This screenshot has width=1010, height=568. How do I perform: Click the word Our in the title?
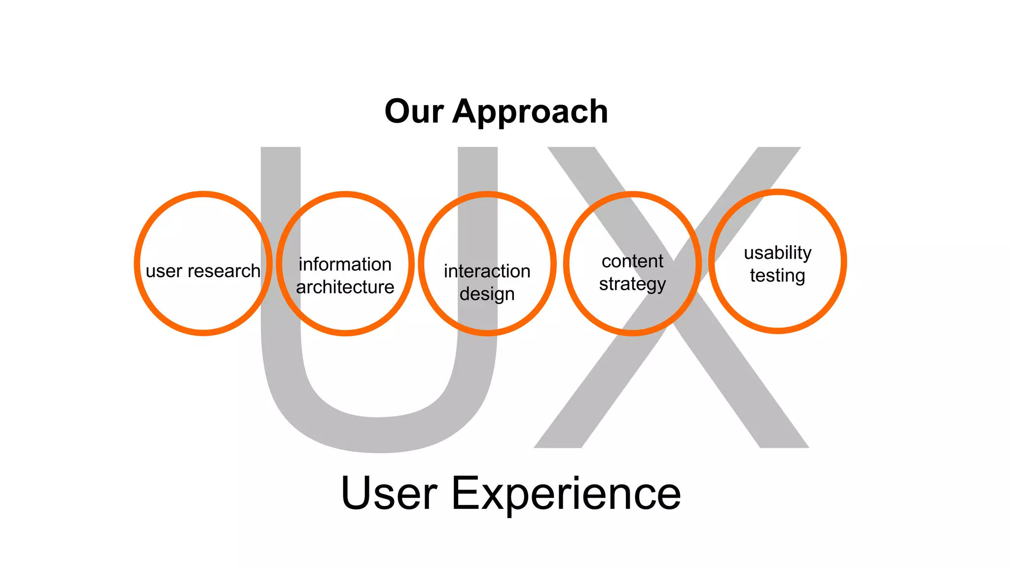[414, 111]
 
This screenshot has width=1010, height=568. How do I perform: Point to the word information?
[345, 264]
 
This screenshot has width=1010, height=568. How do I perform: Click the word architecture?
[345, 287]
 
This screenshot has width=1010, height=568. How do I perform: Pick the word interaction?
[487, 271]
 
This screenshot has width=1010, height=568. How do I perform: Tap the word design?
[487, 294]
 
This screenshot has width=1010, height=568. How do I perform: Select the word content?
[632, 261]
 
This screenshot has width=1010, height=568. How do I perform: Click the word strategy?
[632, 284]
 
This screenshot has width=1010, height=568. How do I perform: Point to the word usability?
[777, 253]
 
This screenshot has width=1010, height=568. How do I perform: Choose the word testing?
[777, 276]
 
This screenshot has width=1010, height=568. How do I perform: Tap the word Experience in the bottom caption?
[566, 495]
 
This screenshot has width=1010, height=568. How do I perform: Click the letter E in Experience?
[466, 493]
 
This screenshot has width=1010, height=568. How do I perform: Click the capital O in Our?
[400, 111]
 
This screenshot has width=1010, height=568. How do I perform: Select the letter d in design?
[466, 294]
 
